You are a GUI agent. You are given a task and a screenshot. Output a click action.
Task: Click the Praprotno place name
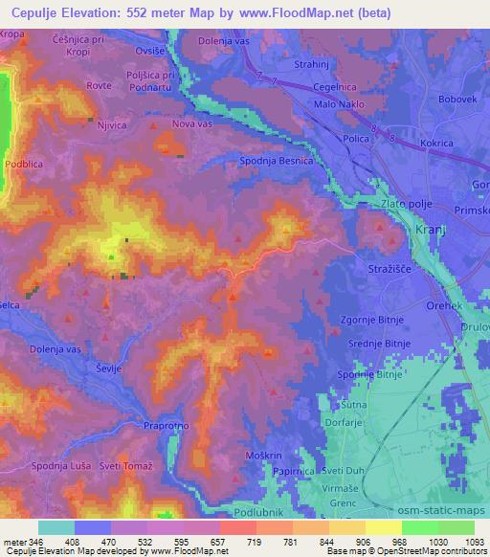click(x=168, y=425)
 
